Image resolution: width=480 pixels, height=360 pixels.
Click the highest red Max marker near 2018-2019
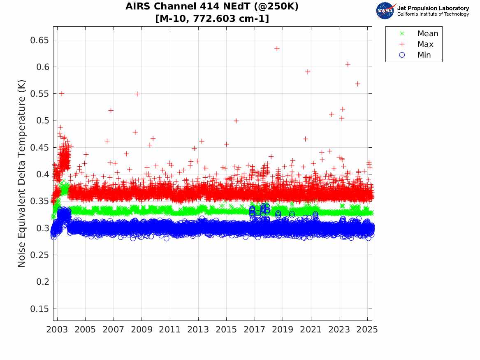click(277, 49)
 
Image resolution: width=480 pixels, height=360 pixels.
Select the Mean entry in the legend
click(427, 34)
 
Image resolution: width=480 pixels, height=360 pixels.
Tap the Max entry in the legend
click(425, 44)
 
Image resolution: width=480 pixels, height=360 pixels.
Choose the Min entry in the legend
click(424, 55)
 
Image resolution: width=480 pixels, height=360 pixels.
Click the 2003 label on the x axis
click(57, 330)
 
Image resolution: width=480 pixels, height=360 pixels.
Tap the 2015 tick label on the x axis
click(227, 330)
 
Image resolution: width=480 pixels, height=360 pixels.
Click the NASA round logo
click(385, 11)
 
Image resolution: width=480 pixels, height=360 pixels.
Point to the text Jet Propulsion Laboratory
click(433, 8)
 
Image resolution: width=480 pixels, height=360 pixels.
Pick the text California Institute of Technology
click(433, 14)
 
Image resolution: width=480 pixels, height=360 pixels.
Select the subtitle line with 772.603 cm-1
click(212, 19)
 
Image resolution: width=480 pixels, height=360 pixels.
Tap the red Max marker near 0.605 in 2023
click(348, 64)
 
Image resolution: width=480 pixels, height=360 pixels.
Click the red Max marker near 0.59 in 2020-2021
click(307, 72)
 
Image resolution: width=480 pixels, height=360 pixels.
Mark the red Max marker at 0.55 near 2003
click(62, 93)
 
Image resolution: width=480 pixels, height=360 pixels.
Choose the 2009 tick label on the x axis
click(142, 330)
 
